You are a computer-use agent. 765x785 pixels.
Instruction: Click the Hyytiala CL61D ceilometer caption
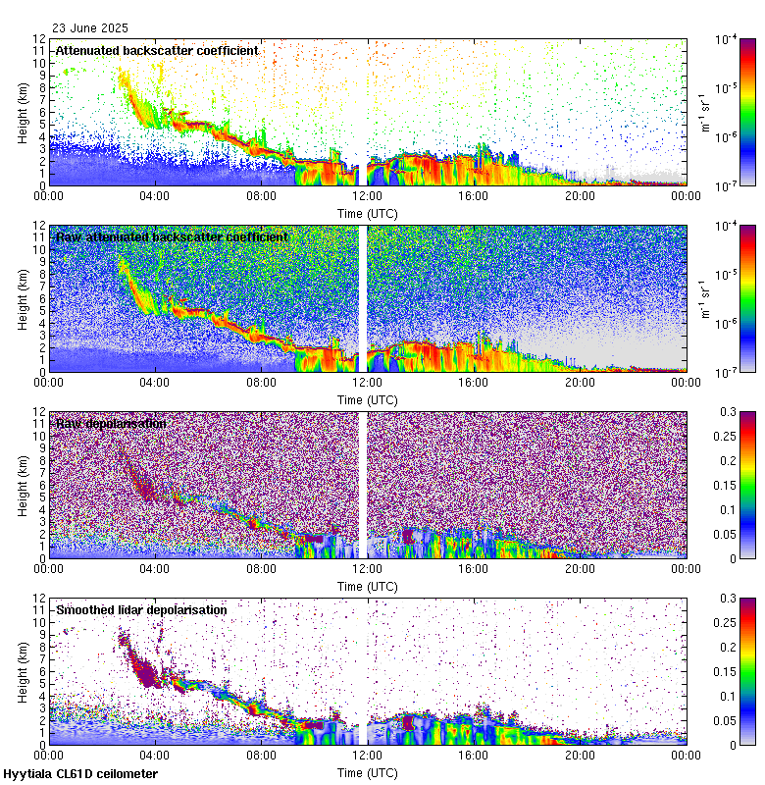[80, 774]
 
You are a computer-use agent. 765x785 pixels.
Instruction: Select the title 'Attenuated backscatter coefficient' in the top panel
[157, 50]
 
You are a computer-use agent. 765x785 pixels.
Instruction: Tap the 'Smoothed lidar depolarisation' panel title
[141, 609]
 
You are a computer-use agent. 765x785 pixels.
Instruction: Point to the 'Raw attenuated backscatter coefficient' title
[172, 236]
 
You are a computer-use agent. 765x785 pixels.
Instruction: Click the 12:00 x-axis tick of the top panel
[368, 194]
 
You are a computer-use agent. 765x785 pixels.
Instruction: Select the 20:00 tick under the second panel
[580, 381]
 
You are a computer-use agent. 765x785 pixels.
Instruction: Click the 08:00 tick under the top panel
[261, 194]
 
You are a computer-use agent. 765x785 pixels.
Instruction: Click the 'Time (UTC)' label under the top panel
[368, 212]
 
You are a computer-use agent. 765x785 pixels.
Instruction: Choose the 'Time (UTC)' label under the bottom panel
[368, 772]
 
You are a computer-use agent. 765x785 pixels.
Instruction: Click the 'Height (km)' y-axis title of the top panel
[22, 112]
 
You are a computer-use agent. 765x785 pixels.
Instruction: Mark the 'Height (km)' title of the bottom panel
[22, 671]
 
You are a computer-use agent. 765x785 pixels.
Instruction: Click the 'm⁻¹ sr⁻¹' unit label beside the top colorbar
[703, 112]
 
